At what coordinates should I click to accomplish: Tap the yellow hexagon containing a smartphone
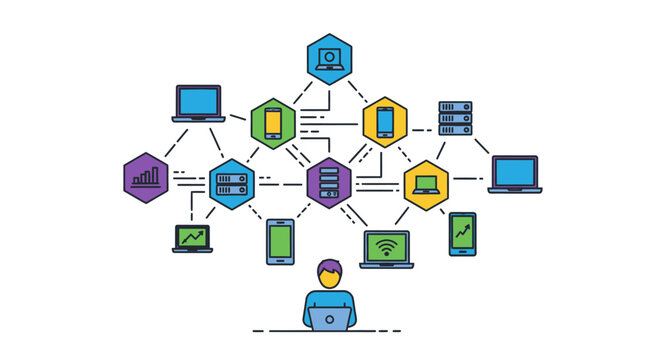(385, 122)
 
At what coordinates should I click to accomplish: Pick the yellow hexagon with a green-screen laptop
(426, 184)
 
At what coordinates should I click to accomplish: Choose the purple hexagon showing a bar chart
(146, 178)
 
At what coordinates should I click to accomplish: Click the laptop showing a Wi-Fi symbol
(386, 249)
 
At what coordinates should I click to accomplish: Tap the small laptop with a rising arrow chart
(193, 238)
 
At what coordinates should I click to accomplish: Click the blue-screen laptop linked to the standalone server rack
(514, 173)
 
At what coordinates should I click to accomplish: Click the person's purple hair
(328, 267)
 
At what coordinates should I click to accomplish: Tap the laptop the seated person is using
(329, 319)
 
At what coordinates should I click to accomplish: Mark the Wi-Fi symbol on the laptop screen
(386, 245)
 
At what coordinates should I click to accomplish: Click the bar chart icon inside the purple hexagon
(146, 179)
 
